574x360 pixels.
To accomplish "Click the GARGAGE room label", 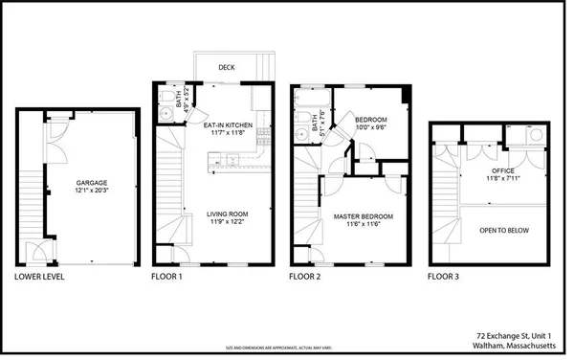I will pyautogui.click(x=92, y=182).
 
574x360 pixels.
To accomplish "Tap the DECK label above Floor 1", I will pyautogui.click(x=227, y=68).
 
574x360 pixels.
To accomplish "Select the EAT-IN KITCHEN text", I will pyautogui.click(x=227, y=124).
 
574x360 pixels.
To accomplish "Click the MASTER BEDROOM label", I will pyautogui.click(x=363, y=216).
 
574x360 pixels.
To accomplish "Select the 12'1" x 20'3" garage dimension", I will pyautogui.click(x=92, y=191).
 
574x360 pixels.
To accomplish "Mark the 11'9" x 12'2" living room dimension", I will pyautogui.click(x=227, y=222).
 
